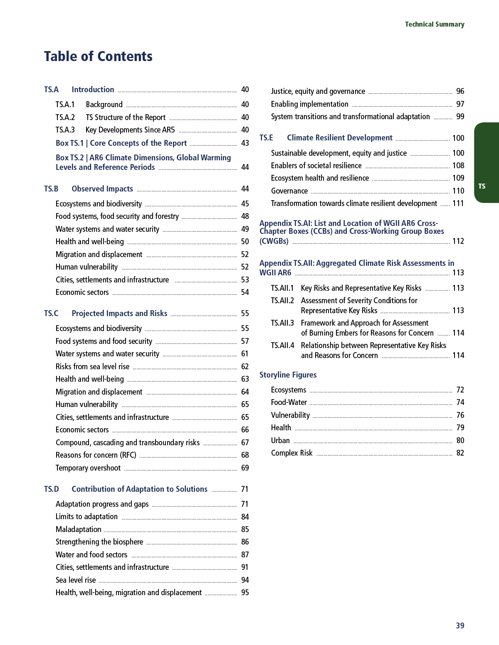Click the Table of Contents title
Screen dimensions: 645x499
click(98, 56)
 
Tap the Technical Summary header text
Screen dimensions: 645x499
click(435, 25)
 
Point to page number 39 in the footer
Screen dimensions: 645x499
click(460, 625)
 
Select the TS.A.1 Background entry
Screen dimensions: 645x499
click(104, 105)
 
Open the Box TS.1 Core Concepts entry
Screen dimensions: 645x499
click(121, 143)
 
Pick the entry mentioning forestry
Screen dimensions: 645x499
click(117, 216)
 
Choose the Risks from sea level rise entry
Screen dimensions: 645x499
click(92, 367)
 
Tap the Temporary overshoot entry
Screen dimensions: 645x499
click(88, 468)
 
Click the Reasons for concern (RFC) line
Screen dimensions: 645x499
click(96, 455)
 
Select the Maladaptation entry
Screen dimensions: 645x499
click(79, 530)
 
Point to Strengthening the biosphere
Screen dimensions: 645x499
click(99, 542)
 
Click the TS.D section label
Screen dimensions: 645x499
click(52, 489)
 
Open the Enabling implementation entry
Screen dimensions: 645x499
click(310, 104)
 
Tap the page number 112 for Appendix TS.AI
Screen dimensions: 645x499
click(458, 241)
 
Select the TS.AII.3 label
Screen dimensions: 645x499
click(282, 323)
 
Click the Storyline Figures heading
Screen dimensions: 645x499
click(288, 375)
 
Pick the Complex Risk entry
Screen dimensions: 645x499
click(291, 453)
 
